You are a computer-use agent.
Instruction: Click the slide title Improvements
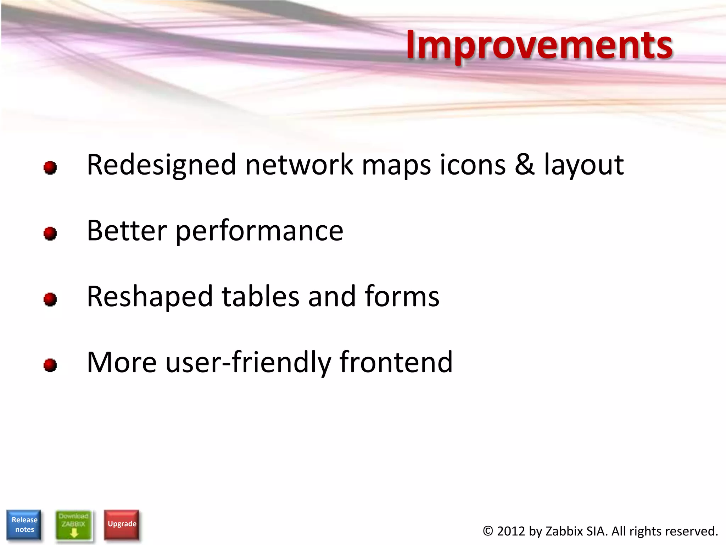pyautogui.click(x=539, y=45)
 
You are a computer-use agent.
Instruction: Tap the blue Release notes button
pyautogui.click(x=24, y=524)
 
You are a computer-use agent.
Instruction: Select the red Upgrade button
pyautogui.click(x=122, y=524)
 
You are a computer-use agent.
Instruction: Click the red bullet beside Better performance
pyautogui.click(x=50, y=233)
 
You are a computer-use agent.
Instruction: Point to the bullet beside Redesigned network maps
pyautogui.click(x=50, y=167)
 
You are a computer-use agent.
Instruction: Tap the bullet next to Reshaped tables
pyautogui.click(x=50, y=299)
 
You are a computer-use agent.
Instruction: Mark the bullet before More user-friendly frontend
pyautogui.click(x=50, y=365)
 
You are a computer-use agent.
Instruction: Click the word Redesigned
pyautogui.click(x=161, y=165)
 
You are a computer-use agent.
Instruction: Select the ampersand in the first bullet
pyautogui.click(x=524, y=165)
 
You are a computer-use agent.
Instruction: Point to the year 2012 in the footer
pyautogui.click(x=510, y=531)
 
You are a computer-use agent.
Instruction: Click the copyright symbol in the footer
pyautogui.click(x=488, y=531)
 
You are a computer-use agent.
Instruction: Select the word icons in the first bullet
pyautogui.click(x=473, y=165)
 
